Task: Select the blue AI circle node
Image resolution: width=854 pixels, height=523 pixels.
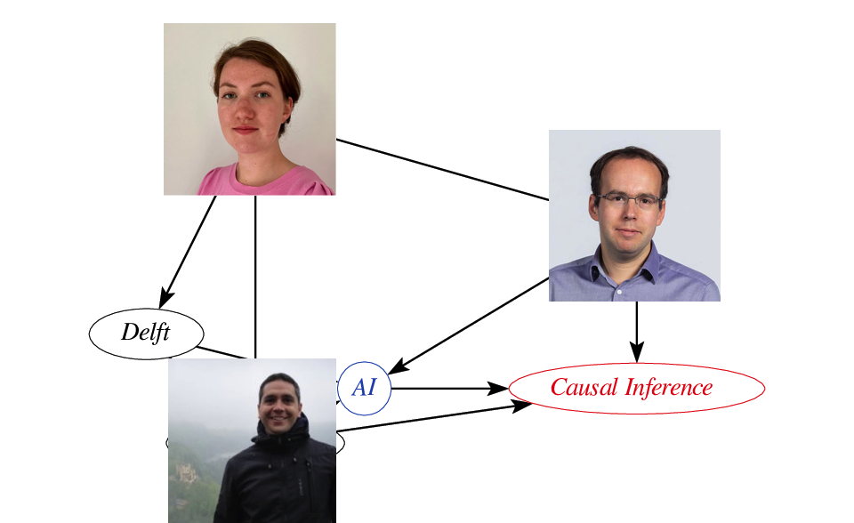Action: tap(365, 388)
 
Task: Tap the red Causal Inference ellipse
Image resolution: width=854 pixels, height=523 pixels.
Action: tap(636, 388)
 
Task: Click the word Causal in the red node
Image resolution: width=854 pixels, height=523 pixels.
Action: tap(584, 388)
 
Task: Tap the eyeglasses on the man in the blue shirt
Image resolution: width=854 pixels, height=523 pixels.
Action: tap(629, 200)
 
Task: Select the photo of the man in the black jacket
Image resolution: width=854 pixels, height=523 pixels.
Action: tap(252, 440)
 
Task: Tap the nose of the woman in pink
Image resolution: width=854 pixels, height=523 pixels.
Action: tap(246, 115)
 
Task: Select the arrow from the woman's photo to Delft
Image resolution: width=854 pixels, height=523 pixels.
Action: tap(189, 249)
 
